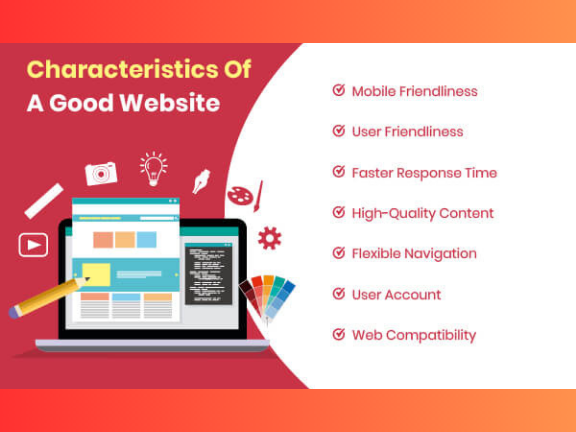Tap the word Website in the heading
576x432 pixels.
coord(170,103)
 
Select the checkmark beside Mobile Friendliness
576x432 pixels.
coord(338,90)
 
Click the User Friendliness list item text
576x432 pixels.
coord(408,132)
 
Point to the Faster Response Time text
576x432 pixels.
coord(424,173)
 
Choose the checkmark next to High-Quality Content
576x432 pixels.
coord(338,212)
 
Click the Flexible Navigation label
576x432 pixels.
coord(414,254)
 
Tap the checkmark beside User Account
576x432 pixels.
coord(338,294)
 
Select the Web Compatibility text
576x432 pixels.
coord(414,335)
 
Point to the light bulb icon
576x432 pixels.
coord(154,169)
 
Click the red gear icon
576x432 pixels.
coord(270,238)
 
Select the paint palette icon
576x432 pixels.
coord(240,196)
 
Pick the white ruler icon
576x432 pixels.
coord(44,201)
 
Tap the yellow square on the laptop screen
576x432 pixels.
coord(96,274)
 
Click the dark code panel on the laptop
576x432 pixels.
coord(209,274)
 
